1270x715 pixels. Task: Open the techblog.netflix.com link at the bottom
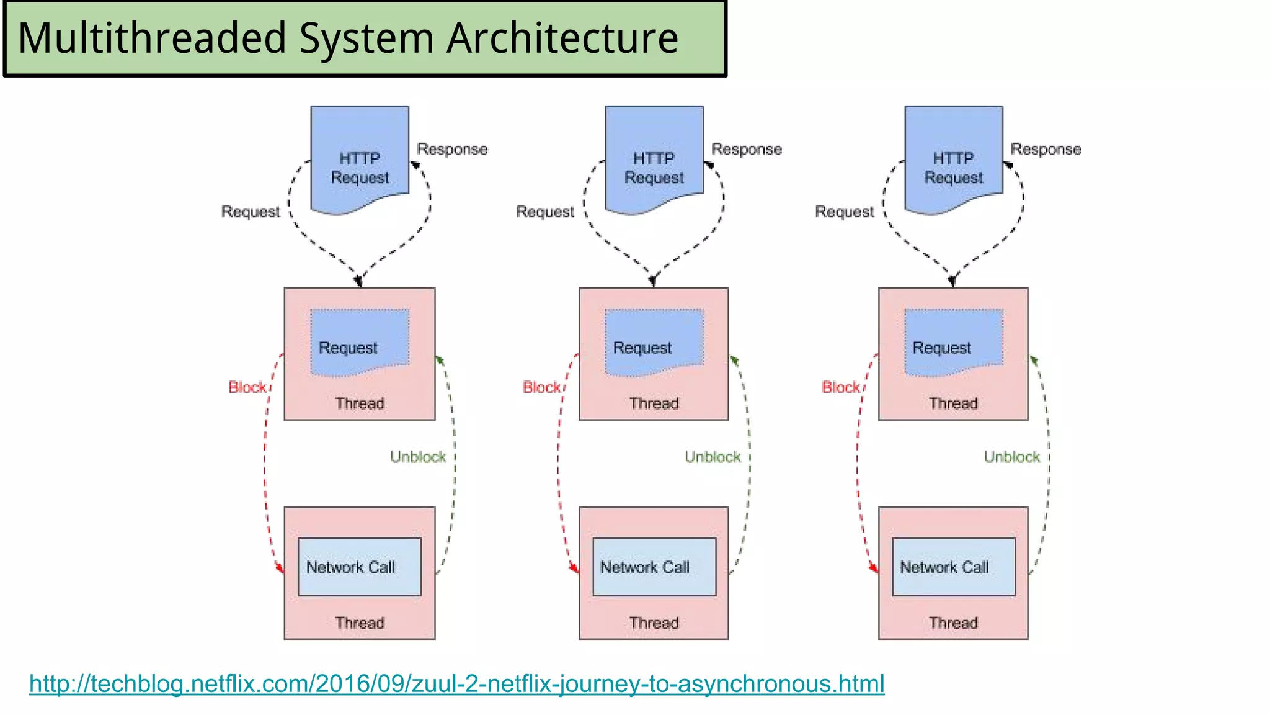(456, 684)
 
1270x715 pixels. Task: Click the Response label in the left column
(452, 150)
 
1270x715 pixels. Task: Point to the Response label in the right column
(1046, 150)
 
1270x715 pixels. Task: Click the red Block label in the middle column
(541, 387)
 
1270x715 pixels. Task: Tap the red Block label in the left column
(247, 387)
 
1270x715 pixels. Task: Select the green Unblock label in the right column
(1011, 457)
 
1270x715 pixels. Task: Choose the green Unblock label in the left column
(418, 457)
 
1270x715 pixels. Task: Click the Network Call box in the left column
(359, 567)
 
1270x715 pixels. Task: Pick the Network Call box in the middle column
(654, 567)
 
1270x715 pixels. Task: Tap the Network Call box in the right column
(954, 567)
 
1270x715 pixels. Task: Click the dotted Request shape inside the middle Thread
(654, 343)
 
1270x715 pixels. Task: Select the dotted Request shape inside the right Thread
(954, 343)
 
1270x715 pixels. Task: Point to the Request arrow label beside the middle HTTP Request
(545, 212)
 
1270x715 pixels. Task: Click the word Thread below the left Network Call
(360, 623)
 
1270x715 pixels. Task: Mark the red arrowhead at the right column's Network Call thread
(874, 568)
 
